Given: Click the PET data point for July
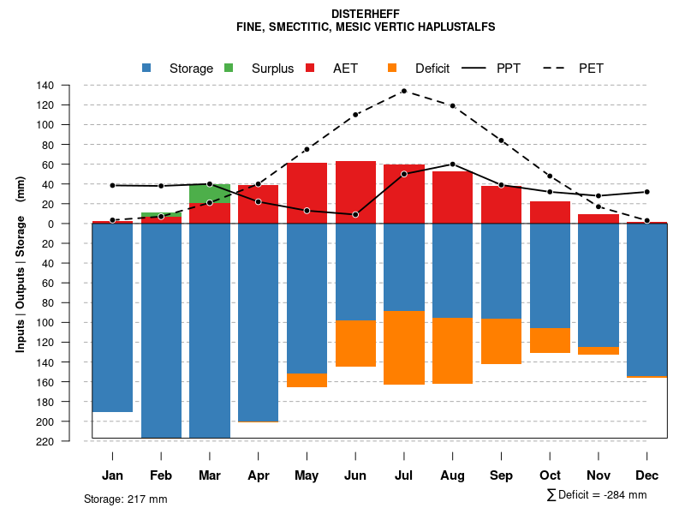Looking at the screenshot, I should tap(403, 91).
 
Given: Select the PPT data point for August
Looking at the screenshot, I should tap(452, 164).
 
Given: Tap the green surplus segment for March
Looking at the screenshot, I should tap(210, 194).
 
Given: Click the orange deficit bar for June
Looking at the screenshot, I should tap(355, 344).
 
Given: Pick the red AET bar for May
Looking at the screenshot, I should tap(307, 193).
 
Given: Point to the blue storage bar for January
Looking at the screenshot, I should tap(112, 318).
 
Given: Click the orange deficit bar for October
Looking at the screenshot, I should tap(550, 340).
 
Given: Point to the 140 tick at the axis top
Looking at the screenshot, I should tap(69, 85).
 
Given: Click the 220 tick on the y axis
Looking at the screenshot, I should tap(69, 441).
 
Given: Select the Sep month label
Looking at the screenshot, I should tap(501, 475).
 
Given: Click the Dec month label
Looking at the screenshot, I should tap(647, 475).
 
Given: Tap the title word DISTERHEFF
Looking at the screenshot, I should tap(366, 14).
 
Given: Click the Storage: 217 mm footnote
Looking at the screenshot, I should tap(126, 499).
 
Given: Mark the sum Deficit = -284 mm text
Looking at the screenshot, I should tap(596, 495).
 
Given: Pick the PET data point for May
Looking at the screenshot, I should tap(307, 149).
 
